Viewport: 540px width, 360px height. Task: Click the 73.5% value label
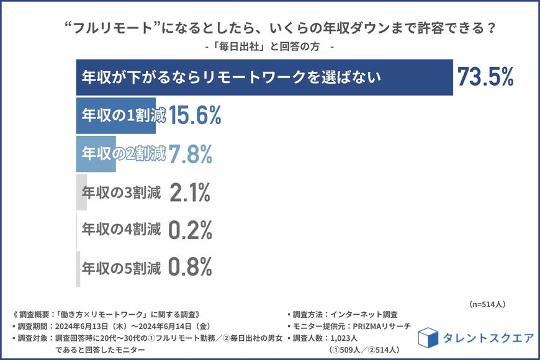click(485, 77)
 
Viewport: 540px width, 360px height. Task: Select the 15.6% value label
click(194, 116)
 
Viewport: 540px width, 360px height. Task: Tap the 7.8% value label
click(191, 155)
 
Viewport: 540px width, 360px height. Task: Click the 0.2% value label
click(191, 231)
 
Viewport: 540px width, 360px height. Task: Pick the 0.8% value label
click(191, 268)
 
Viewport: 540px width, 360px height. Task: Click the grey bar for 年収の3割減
click(81, 193)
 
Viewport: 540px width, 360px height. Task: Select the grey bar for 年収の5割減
click(78, 269)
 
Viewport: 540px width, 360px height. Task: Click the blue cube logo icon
click(428, 338)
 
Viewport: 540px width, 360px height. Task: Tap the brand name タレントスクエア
click(488, 338)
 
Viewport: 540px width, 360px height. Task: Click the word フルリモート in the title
click(118, 29)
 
